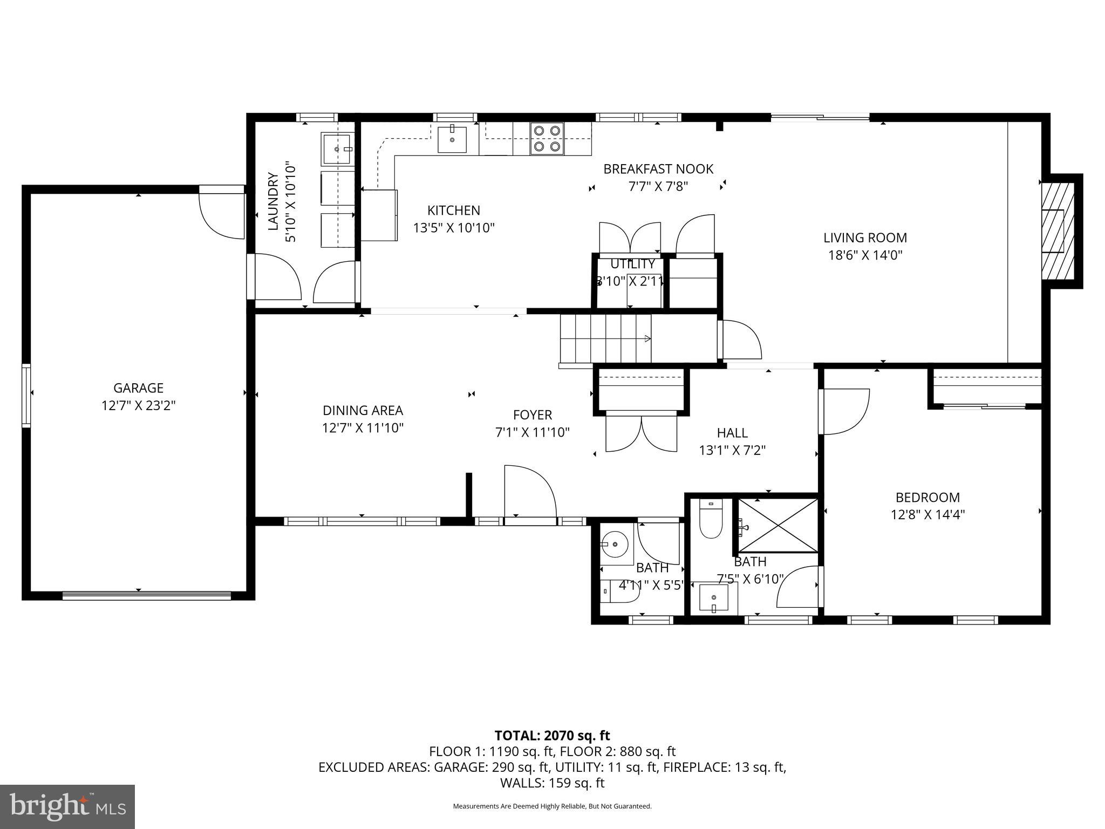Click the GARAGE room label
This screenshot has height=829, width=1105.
coord(138,388)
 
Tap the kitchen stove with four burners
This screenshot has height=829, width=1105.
coord(547,138)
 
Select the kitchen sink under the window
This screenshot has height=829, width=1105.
coord(452,139)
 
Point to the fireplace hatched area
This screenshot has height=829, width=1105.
coord(1058,231)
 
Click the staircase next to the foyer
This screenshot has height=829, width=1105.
coord(605,339)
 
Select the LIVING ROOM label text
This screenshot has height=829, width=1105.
coord(865,237)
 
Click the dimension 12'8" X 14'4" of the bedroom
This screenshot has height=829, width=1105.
coord(927,514)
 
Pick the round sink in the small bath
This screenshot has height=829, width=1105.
coord(615,543)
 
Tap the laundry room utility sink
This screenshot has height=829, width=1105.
coord(337,148)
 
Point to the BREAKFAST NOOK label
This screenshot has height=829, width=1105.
coord(658,169)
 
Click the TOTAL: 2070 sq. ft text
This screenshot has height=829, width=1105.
coord(552,735)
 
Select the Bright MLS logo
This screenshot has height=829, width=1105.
coord(67,806)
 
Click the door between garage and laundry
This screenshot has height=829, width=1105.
coord(222,213)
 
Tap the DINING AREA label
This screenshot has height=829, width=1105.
coord(363,411)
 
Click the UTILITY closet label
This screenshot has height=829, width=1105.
coord(632,264)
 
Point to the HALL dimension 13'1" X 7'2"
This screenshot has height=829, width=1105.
coord(732,450)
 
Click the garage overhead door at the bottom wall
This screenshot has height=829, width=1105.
coord(146,595)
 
